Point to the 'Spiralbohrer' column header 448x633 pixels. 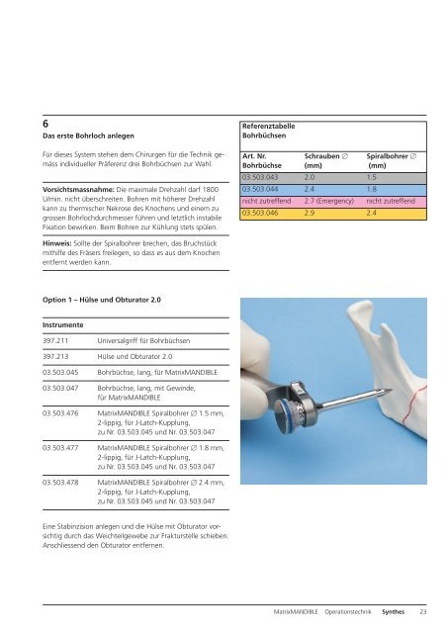394,155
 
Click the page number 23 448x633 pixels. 423,613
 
